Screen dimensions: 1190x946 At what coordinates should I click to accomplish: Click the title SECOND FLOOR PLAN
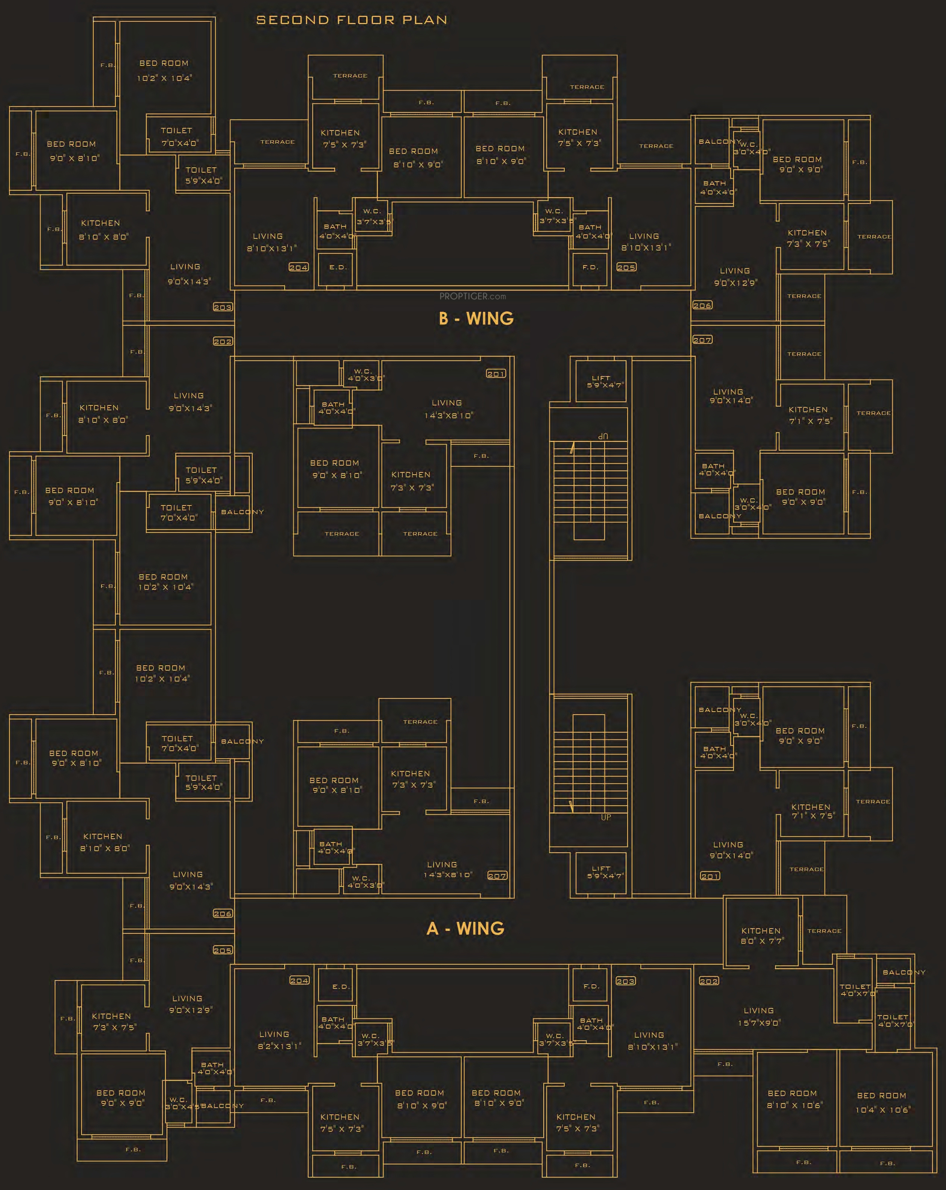(352, 20)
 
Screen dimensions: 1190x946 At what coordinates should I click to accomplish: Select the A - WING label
(465, 928)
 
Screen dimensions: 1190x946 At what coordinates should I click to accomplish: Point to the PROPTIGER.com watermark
(473, 296)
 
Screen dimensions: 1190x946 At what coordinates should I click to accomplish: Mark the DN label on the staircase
(603, 436)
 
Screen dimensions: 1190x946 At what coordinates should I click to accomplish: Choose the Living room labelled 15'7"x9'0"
(758, 1016)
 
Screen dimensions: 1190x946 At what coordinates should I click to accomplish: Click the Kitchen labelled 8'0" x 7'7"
(762, 935)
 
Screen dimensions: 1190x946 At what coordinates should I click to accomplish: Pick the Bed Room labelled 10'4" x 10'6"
(882, 1102)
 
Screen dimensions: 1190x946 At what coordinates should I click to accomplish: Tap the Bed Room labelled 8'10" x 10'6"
(793, 1099)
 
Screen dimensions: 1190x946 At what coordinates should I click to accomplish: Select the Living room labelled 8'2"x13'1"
(274, 1040)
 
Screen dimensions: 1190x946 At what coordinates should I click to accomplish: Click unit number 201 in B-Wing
(496, 374)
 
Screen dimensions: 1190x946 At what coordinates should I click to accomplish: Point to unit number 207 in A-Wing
(497, 876)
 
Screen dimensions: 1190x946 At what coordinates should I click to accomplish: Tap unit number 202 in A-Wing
(709, 981)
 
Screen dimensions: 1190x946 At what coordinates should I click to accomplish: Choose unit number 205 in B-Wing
(626, 267)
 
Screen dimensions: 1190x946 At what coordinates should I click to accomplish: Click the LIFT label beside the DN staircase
(601, 381)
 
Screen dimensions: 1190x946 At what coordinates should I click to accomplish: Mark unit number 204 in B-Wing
(299, 267)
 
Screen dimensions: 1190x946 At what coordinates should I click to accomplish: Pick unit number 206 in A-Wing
(223, 914)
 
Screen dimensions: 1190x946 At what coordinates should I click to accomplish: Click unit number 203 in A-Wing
(625, 981)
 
